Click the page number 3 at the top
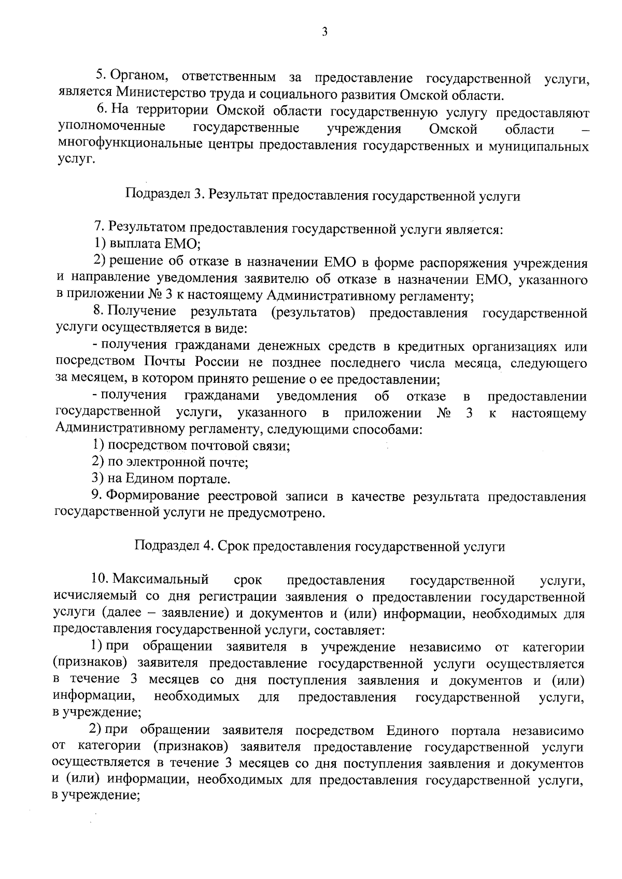pos(324,32)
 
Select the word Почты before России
pos(161,362)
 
